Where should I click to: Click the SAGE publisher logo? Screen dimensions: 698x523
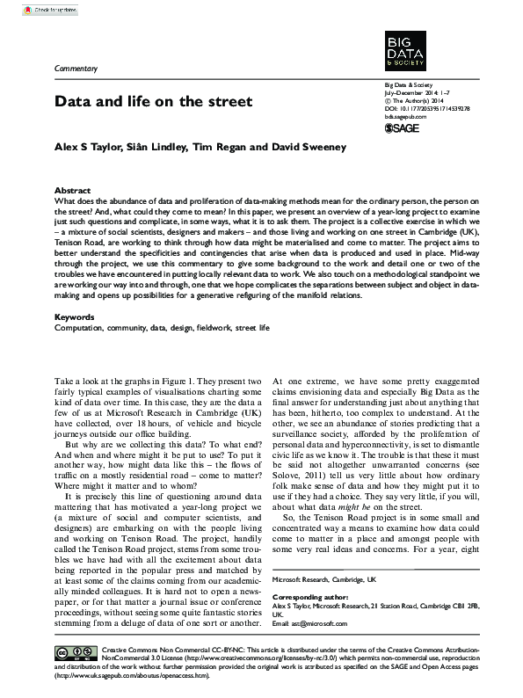click(403, 129)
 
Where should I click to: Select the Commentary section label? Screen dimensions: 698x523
click(76, 68)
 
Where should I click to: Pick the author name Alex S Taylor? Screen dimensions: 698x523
click(90, 147)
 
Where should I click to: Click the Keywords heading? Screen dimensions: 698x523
click(75, 316)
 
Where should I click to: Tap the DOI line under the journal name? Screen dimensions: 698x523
click(427, 108)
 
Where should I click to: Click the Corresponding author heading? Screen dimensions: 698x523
click(309, 595)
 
